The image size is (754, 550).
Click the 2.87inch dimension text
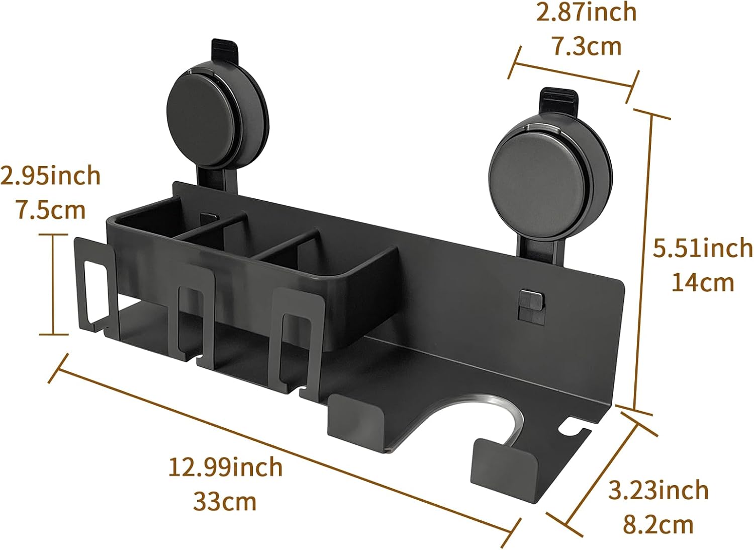(587, 13)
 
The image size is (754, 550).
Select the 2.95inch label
(50, 176)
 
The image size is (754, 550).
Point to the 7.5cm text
(51, 210)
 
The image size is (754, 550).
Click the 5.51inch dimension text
(703, 248)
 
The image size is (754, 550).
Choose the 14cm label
(703, 283)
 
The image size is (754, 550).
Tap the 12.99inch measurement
(225, 467)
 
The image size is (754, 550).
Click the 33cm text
(225, 502)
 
